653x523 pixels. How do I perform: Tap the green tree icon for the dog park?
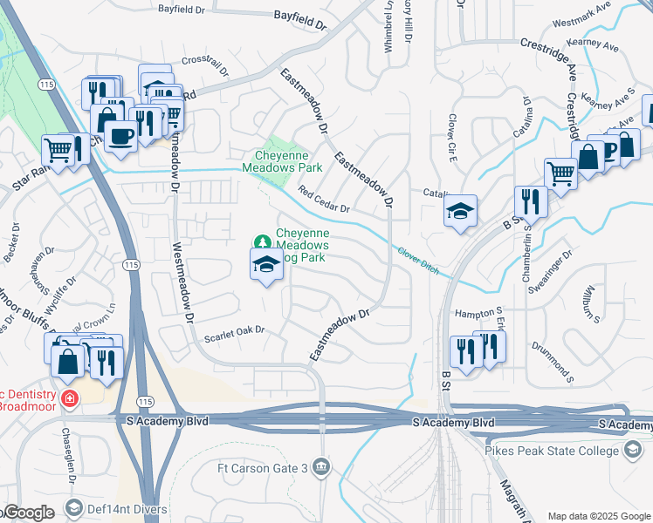[260, 241]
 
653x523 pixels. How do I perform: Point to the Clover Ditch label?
[416, 256]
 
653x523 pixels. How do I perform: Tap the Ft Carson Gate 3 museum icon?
[322, 466]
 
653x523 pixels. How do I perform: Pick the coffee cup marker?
[120, 136]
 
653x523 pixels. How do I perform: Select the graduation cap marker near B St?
[460, 211]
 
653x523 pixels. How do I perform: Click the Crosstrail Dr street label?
[205, 62]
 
